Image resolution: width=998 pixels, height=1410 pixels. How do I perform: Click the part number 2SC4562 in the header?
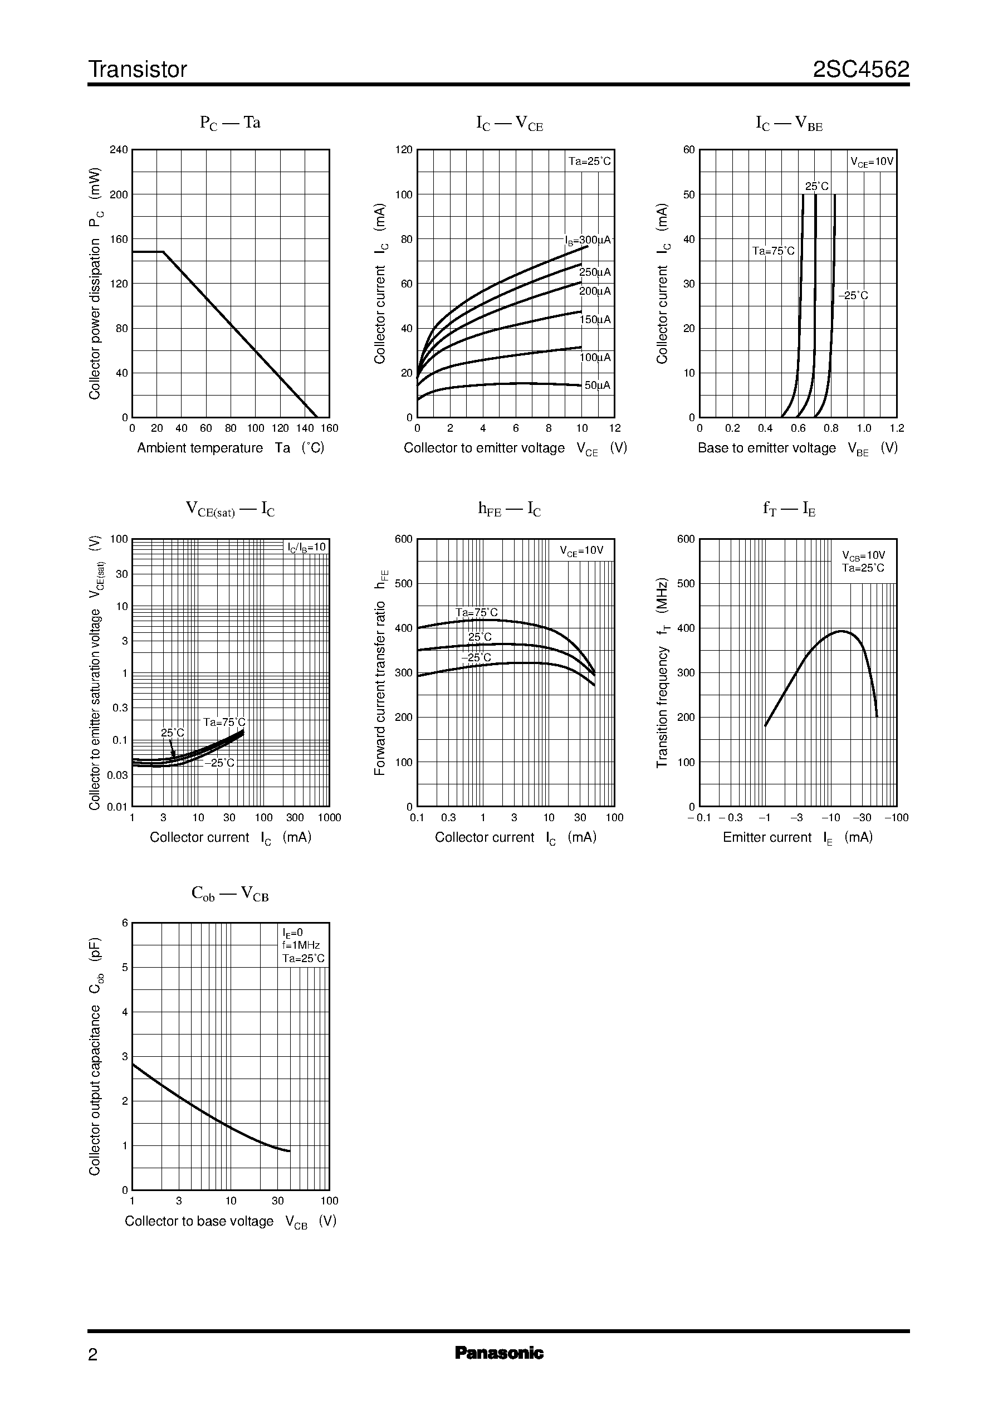(x=861, y=70)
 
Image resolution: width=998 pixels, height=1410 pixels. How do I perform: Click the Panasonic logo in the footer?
(x=499, y=1352)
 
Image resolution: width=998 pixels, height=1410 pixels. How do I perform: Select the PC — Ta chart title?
(x=230, y=123)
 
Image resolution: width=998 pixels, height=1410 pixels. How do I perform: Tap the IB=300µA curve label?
(x=588, y=240)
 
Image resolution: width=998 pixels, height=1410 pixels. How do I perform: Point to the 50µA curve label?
(x=596, y=386)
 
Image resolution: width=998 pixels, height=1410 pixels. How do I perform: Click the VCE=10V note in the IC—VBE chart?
(x=872, y=162)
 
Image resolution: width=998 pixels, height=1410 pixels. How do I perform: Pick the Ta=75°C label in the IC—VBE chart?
(x=773, y=251)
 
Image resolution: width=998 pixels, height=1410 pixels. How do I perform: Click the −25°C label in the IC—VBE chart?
(x=853, y=296)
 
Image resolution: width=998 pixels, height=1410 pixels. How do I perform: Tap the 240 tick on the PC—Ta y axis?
(x=119, y=149)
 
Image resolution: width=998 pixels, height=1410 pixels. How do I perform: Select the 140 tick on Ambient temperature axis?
(x=305, y=428)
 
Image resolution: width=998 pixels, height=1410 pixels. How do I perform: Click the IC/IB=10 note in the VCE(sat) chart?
(x=307, y=547)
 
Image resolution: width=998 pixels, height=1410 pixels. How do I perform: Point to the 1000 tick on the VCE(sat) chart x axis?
(x=329, y=817)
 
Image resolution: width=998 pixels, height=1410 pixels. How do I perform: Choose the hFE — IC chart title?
(x=510, y=509)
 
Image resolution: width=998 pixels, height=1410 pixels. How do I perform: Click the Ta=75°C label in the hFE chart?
(x=476, y=613)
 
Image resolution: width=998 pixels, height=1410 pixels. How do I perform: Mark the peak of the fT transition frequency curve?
(x=841, y=631)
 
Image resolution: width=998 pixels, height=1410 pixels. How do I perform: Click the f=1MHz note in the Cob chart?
(x=301, y=945)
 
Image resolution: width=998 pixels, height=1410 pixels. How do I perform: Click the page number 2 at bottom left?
(x=93, y=1354)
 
